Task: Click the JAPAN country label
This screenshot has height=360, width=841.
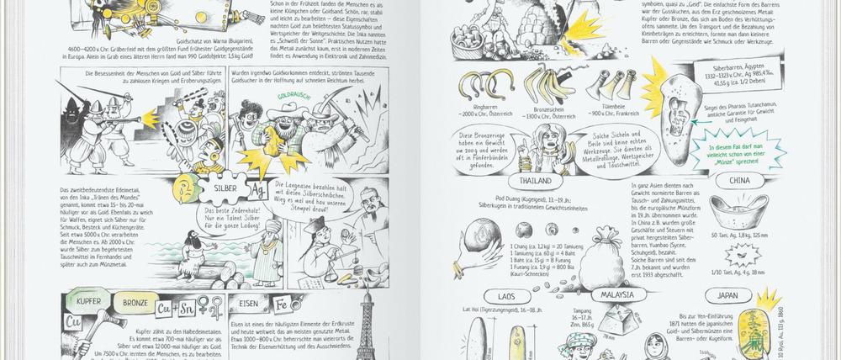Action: [x=723, y=296]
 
